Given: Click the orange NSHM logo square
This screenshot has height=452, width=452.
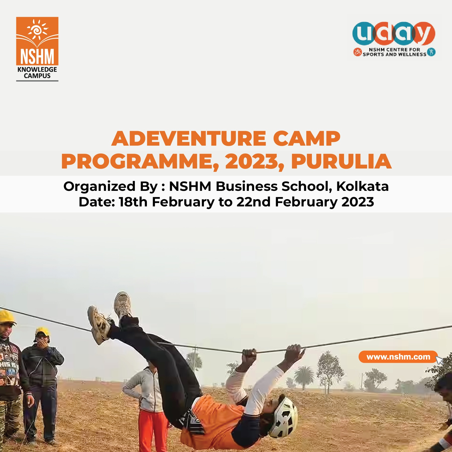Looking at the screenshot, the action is (37, 41).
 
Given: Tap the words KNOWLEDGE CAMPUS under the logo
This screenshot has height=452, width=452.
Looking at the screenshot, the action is (37, 73).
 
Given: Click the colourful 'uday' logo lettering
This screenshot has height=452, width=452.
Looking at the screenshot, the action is (394, 34).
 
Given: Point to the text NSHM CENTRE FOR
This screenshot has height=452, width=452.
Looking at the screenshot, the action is (394, 50).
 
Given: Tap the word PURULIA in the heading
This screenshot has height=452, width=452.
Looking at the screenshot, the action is (341, 161).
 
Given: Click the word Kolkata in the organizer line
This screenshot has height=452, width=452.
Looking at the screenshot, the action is (362, 186).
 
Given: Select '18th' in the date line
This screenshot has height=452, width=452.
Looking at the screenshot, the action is (133, 202).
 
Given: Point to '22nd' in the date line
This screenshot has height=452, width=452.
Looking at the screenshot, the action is (253, 202).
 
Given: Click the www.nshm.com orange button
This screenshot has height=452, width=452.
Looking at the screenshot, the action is (398, 357).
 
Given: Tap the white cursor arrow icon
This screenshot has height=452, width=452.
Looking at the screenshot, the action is (439, 360).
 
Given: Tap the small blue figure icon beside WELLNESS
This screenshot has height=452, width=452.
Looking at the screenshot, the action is (431, 52).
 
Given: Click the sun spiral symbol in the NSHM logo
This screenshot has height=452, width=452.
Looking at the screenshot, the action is (38, 30).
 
